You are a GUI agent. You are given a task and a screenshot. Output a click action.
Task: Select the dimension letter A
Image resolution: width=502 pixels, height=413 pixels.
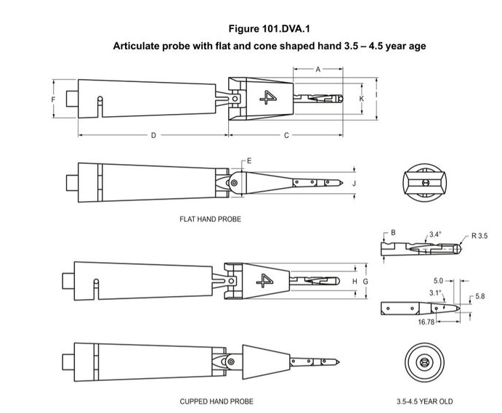[317, 69]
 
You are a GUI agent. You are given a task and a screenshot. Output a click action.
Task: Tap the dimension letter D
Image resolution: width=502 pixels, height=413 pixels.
[153, 135]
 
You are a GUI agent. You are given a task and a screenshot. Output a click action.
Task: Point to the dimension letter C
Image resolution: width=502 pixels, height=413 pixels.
[286, 135]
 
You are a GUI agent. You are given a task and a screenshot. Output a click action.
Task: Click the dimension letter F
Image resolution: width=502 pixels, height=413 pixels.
[53, 99]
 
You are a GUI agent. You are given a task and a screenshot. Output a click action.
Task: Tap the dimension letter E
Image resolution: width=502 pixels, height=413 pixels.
[249, 160]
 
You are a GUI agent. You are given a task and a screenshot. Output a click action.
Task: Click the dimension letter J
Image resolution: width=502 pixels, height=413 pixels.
[354, 183]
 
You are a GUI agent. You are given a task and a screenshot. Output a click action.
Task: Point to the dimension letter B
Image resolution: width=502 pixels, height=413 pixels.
[393, 232]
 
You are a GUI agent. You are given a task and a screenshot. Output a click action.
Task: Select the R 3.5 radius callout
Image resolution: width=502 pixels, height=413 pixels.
[480, 236]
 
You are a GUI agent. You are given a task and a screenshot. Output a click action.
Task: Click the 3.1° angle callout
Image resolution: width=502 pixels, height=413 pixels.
[434, 293]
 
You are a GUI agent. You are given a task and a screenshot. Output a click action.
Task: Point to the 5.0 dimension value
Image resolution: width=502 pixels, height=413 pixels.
[438, 281]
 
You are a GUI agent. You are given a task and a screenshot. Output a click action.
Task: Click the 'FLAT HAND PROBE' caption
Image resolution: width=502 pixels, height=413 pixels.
[210, 218]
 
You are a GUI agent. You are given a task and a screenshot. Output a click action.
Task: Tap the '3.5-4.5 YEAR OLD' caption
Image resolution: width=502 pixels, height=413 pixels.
[424, 401]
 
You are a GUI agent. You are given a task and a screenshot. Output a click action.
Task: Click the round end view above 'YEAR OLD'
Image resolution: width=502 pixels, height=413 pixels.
[424, 361]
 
